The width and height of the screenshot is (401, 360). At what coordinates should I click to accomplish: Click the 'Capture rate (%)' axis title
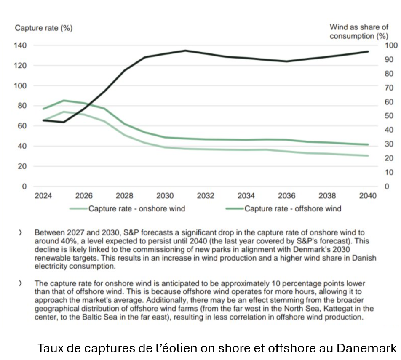tap(43, 28)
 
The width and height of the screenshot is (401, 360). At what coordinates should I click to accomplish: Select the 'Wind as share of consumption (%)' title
tap(358, 32)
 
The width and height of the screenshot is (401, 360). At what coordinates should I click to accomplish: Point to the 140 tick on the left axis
tap(21, 45)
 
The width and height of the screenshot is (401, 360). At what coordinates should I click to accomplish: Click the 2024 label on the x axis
tap(43, 196)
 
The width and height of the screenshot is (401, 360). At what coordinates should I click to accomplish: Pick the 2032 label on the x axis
tap(206, 196)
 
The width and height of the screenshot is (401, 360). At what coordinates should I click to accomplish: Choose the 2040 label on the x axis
tap(368, 196)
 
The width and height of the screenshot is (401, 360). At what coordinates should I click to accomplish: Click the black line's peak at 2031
tap(185, 51)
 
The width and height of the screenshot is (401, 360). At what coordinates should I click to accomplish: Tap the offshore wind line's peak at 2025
tap(64, 101)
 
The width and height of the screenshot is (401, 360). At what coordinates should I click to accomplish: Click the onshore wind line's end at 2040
tap(368, 156)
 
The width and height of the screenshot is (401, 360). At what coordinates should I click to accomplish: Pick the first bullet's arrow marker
tap(20, 232)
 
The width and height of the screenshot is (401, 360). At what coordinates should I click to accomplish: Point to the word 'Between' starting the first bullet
tap(47, 232)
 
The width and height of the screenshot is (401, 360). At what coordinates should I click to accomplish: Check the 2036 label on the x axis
tap(286, 196)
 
